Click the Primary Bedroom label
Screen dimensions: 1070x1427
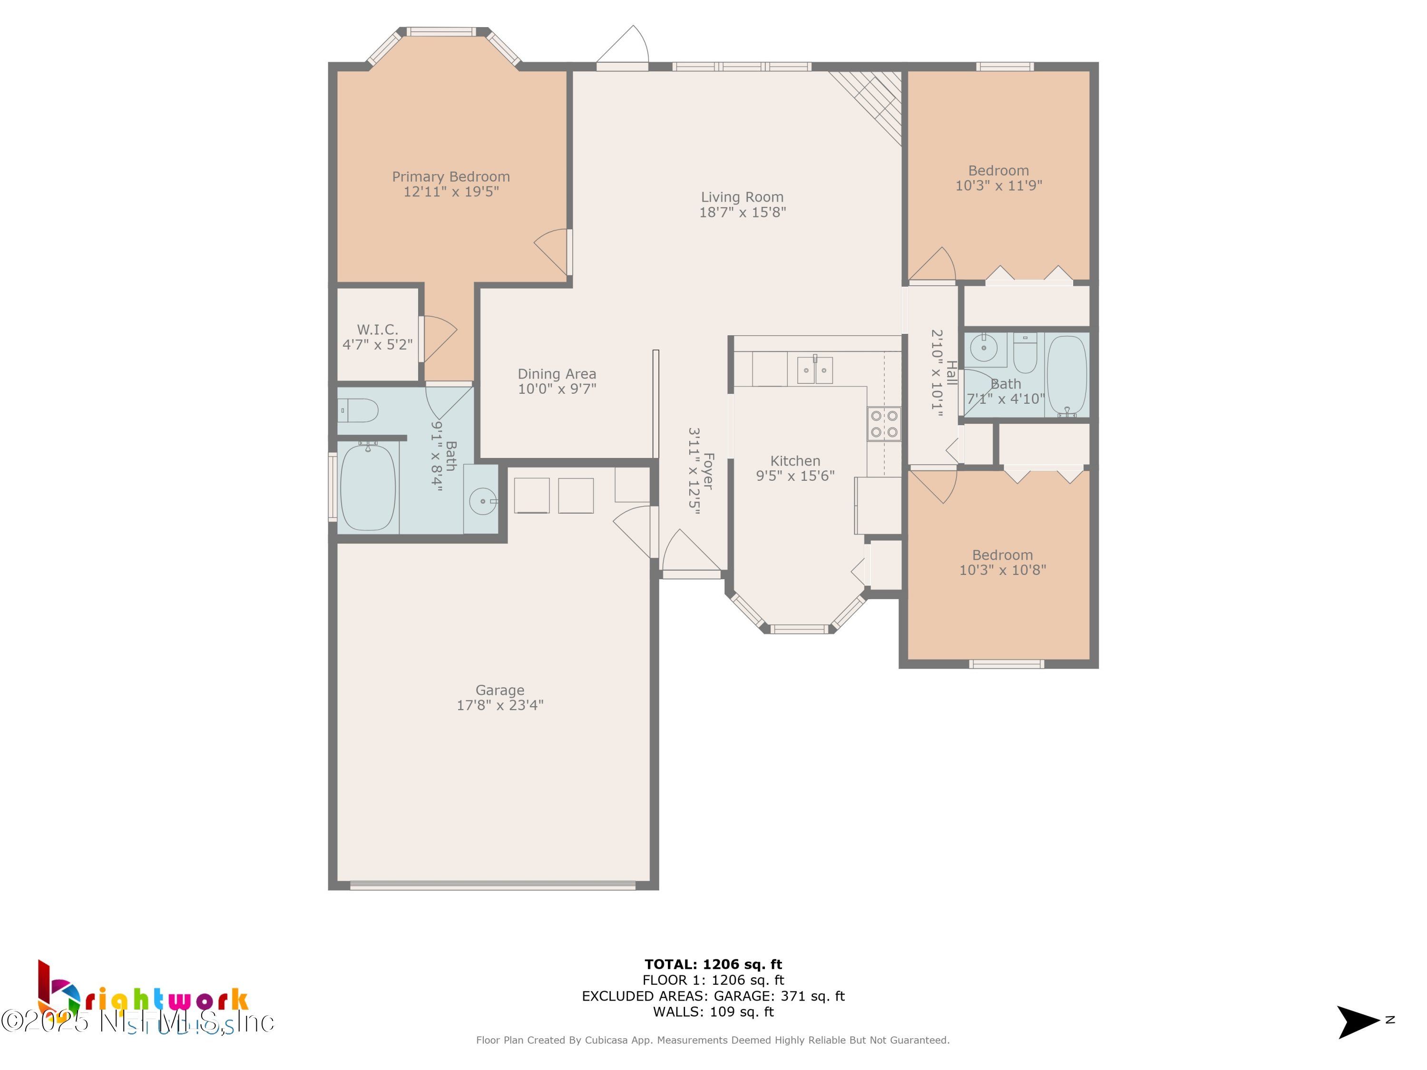tap(450, 177)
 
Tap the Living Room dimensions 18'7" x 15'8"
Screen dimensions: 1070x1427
tap(743, 212)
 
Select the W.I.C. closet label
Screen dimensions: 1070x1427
tap(377, 330)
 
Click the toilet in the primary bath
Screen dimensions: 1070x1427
tap(359, 410)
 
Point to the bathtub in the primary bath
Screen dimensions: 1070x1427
tap(367, 487)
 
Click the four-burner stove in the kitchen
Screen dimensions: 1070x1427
tap(883, 424)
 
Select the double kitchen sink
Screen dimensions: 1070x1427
tap(815, 370)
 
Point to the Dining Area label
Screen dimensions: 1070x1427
tap(557, 374)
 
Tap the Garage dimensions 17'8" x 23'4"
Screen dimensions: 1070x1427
tap(500, 705)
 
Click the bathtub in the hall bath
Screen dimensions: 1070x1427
tap(1066, 375)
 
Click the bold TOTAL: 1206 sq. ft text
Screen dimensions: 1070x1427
tap(713, 964)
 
